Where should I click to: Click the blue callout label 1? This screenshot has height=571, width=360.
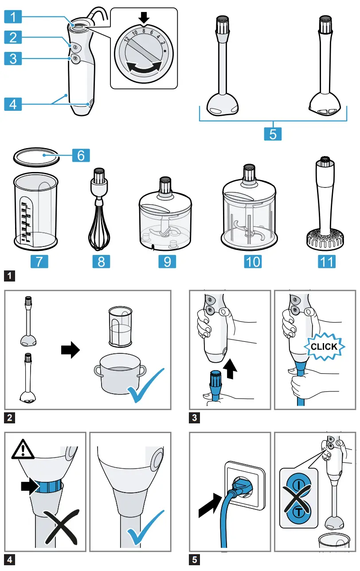[13, 17]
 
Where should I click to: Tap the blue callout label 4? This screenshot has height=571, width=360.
[13, 104]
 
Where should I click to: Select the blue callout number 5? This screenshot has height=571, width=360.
[273, 133]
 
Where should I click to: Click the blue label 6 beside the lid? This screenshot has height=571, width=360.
[81, 155]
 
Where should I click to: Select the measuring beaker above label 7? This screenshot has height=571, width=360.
[35, 211]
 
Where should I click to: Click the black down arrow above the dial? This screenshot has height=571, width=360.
[144, 18]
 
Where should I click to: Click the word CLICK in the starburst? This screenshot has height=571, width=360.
[324, 347]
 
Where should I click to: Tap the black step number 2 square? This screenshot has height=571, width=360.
[9, 417]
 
